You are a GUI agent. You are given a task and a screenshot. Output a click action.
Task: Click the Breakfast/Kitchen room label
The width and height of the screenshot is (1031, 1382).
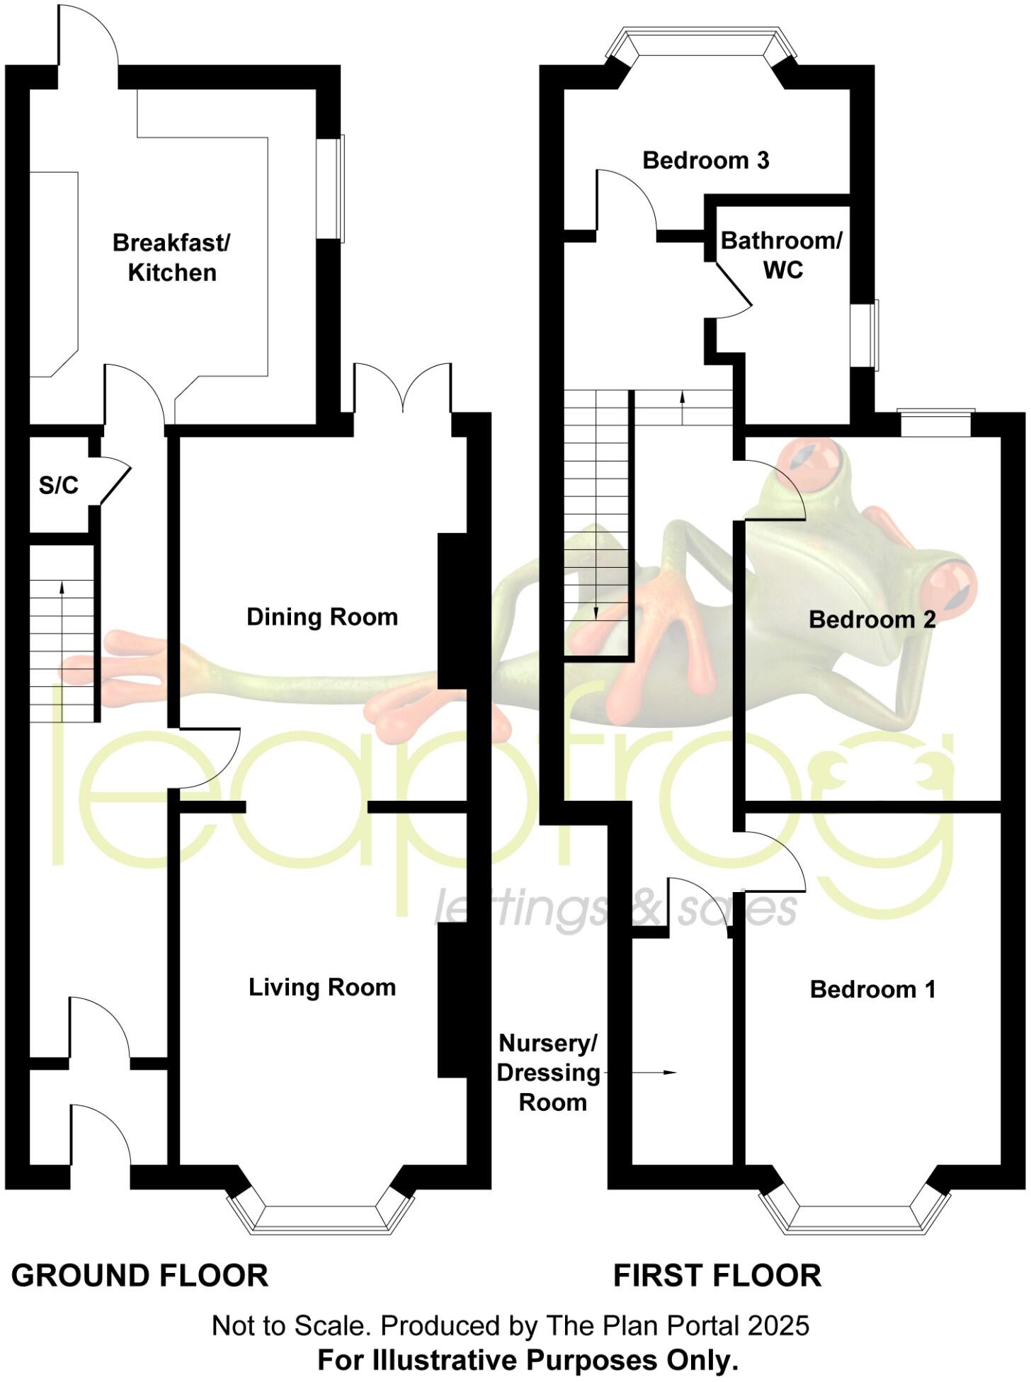pyautogui.click(x=171, y=258)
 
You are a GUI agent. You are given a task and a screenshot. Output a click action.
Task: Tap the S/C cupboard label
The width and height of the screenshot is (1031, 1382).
pyautogui.click(x=58, y=486)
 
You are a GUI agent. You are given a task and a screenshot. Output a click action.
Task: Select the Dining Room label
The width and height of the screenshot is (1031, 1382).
pyautogui.click(x=322, y=617)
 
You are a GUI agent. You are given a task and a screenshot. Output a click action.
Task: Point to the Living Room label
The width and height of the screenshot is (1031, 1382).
pyautogui.click(x=322, y=987)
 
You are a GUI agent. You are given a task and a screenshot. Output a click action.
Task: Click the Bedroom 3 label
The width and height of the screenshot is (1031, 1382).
pyautogui.click(x=705, y=161)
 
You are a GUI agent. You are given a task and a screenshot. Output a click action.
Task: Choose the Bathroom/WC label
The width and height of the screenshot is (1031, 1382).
pyautogui.click(x=781, y=255)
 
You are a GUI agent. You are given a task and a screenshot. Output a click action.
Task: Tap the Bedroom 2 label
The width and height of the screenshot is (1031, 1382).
pyautogui.click(x=872, y=620)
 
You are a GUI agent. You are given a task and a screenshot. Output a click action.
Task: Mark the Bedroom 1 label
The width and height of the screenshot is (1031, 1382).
pyautogui.click(x=872, y=989)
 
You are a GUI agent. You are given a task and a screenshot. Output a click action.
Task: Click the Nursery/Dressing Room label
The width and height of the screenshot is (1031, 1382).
pyautogui.click(x=549, y=1073)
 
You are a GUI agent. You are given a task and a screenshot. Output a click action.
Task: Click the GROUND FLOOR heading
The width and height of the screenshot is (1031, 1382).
pyautogui.click(x=140, y=1276)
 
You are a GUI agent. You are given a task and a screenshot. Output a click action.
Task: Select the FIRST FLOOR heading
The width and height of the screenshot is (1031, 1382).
pyautogui.click(x=717, y=1276)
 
